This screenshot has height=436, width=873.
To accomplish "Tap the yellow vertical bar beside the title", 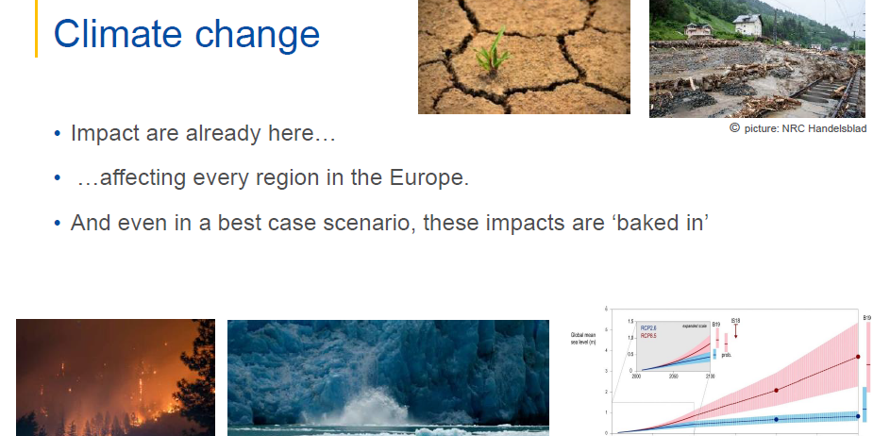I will point(37,28).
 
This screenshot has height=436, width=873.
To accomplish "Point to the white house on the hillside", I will point(747,25).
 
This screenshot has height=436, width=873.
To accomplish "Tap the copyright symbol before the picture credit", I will point(734,128).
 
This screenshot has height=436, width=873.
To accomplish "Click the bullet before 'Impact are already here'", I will point(58,134).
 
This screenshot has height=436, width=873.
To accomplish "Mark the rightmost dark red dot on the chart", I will point(857,357).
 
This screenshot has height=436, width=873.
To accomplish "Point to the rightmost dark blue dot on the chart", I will point(857,416).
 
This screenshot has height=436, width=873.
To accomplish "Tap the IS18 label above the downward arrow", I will point(736,321).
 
